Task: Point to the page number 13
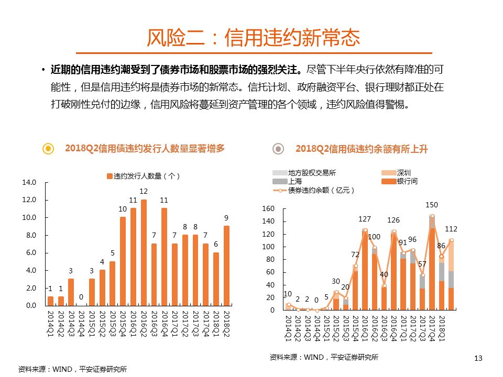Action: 477,358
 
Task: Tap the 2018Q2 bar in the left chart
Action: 226,265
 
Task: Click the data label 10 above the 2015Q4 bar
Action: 123,209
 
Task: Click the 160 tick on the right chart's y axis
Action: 268,209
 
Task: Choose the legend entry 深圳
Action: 403,173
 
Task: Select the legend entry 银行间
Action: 407,181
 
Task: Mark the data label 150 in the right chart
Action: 432,205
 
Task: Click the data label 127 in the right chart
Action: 365,219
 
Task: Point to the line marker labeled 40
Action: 384,286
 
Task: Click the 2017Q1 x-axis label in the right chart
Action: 403,328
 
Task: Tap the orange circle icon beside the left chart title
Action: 48,149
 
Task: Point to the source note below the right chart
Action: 324,357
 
